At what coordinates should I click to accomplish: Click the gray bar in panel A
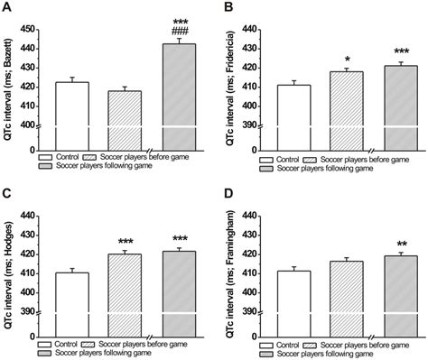pyautogui.click(x=180, y=90)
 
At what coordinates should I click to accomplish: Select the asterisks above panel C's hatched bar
pyautogui.click(x=126, y=242)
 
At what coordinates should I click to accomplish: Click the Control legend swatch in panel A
pyautogui.click(x=49, y=155)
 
